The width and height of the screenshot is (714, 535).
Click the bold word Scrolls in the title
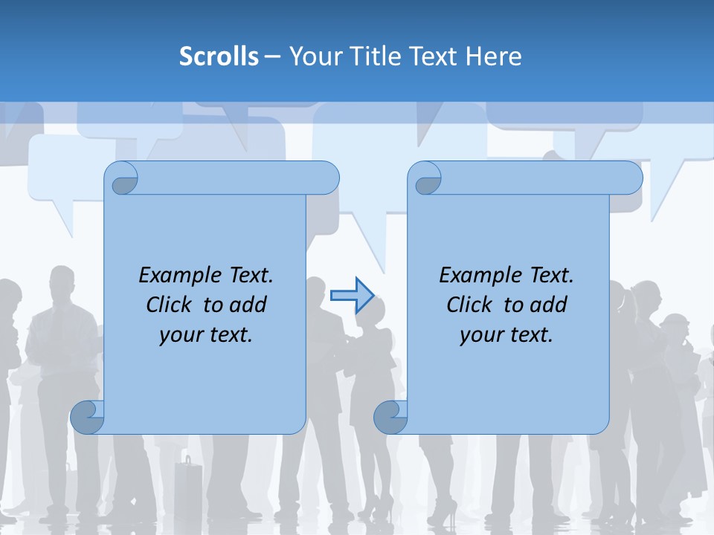coord(219,56)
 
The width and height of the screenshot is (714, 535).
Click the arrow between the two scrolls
coord(352,296)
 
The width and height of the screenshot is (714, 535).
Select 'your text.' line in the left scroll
coord(206,335)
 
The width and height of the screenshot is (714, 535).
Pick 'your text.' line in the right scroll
coord(506,335)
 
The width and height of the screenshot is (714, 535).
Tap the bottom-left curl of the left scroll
coord(88,417)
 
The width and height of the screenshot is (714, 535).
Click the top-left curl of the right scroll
coord(426,179)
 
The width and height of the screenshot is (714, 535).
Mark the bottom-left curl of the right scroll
coord(391,417)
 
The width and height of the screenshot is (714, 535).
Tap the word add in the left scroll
coord(248,305)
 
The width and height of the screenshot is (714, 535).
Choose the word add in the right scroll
coord(549,305)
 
